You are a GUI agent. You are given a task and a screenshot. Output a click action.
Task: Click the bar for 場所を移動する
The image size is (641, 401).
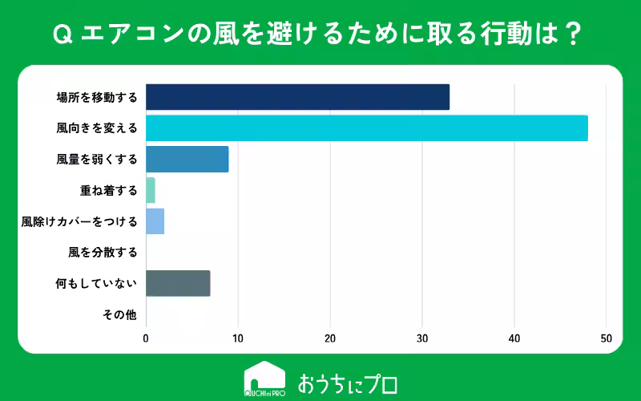297,97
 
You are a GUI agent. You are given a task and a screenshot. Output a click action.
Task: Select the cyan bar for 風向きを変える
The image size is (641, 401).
366,128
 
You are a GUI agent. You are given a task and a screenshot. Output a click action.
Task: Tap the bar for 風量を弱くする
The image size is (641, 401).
187,159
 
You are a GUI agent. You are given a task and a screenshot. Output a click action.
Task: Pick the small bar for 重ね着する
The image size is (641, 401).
150,190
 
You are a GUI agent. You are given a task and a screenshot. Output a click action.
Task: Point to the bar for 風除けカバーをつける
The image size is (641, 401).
155,221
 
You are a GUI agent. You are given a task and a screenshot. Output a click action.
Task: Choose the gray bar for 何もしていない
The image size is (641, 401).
178,283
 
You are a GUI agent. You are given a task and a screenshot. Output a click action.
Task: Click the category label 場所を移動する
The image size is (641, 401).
97,98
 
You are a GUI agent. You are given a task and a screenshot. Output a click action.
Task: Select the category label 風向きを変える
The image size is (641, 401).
97,128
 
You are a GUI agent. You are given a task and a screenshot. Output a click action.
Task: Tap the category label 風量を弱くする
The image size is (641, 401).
97,160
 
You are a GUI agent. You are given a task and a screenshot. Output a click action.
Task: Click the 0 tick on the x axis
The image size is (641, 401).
146,338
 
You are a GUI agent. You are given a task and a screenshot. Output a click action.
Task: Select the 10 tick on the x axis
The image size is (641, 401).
238,338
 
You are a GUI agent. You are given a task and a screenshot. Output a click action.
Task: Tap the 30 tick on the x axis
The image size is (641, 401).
422,338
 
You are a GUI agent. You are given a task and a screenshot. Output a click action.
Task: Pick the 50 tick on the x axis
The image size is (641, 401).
607,338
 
